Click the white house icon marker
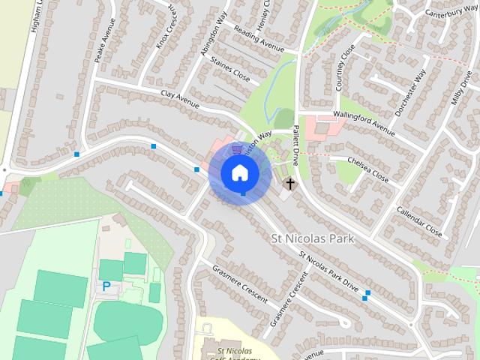point(239,172)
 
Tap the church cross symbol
point(289,183)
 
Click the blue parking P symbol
point(106,286)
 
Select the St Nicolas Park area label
point(310,238)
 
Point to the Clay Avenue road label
point(180,100)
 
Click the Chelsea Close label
point(369,169)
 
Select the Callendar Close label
point(419,221)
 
